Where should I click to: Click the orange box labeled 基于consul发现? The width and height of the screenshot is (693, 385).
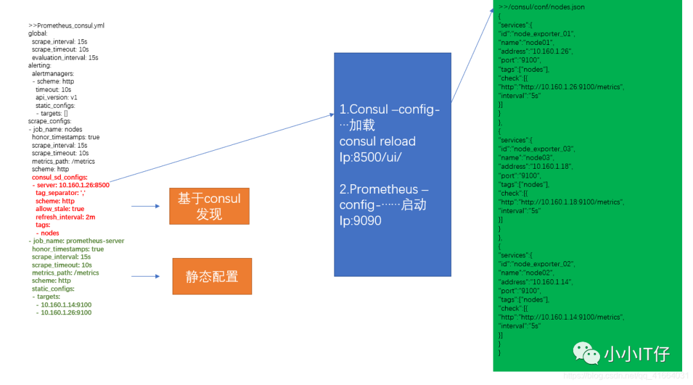(209, 206)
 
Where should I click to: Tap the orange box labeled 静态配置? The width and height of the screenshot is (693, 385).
(212, 277)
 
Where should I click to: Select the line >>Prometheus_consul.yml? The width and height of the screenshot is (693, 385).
(66, 26)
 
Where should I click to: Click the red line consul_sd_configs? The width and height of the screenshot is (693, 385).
(60, 177)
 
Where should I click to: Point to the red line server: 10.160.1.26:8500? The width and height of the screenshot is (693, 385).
(73, 185)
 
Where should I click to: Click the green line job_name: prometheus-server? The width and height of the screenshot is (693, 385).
(78, 241)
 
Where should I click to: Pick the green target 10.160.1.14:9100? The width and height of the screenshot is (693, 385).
(66, 305)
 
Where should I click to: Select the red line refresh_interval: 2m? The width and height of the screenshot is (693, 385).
(65, 217)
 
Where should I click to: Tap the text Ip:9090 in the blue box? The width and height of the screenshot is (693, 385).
(360, 220)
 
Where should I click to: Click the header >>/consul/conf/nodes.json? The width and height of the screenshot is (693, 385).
(542, 7)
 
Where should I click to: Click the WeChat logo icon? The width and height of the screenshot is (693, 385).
(586, 352)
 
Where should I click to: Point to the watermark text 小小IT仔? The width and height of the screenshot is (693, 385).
(637, 354)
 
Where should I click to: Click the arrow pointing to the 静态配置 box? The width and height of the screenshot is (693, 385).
(146, 277)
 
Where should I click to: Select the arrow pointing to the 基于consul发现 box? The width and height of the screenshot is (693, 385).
(146, 206)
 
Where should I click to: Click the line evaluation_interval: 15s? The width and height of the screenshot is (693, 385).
(65, 58)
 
